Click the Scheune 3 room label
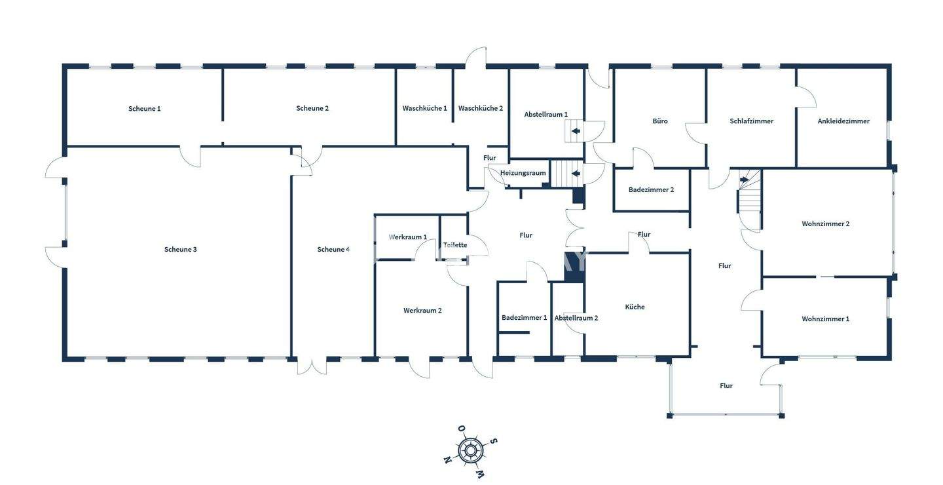[x=181, y=249]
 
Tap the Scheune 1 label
[x=145, y=109]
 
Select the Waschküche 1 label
[x=425, y=108]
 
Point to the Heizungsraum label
[x=523, y=173]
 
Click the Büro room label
[x=660, y=121]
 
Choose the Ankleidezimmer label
[x=843, y=121]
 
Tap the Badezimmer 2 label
[x=651, y=190]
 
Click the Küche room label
[x=635, y=307]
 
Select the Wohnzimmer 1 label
[x=826, y=319]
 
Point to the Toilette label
[x=455, y=245]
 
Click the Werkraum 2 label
[x=422, y=311]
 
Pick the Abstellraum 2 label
[x=576, y=318]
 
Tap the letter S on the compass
[x=494, y=441]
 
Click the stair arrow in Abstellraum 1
[x=576, y=132]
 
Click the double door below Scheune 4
[x=312, y=365]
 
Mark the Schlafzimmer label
[x=752, y=121]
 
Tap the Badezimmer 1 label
[x=524, y=318]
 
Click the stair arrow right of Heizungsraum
[x=576, y=174]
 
